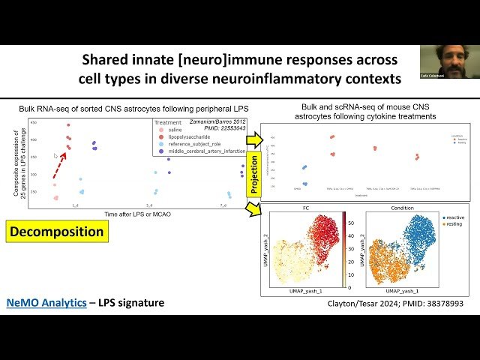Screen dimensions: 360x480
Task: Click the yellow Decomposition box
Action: point(56,232)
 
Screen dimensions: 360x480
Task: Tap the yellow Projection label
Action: point(253,175)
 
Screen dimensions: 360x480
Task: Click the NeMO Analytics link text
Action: point(48,303)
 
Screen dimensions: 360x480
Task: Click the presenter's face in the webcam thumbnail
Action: point(448,59)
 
